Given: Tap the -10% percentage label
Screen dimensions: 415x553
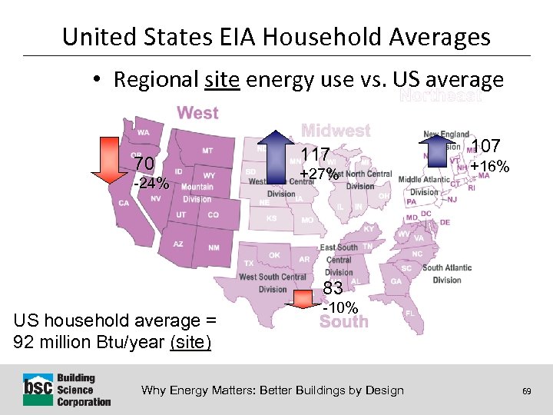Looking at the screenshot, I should point(340,307).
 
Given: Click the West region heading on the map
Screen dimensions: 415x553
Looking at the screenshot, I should point(197,113).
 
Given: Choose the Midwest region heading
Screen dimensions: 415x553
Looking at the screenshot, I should point(336,131).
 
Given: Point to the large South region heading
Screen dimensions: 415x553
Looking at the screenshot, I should point(343,322).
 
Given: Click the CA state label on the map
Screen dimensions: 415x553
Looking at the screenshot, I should point(124,203).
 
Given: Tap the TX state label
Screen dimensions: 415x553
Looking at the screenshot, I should point(249,263).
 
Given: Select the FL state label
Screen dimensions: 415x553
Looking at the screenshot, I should point(409,314).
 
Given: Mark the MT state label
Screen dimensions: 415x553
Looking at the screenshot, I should point(207,151).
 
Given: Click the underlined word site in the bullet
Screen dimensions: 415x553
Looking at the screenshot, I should point(223,79).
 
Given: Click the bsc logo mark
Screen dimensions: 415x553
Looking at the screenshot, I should point(36,390).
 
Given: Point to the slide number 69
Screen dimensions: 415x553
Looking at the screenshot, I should point(526,391).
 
